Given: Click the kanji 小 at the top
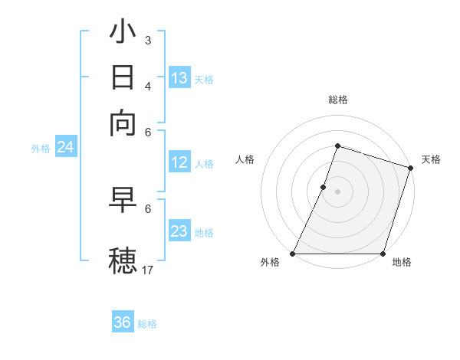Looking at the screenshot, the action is point(123,34).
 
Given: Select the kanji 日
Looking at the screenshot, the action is point(123,79).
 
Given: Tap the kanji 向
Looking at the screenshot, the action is point(123,123).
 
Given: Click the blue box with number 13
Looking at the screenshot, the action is point(179,78).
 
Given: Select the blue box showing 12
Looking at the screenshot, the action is point(179,162).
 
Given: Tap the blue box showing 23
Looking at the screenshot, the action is point(179,231).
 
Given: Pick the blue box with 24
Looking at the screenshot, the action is point(65,147).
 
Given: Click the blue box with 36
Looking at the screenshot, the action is point(123,322).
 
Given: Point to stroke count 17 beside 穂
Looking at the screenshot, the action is point(148,269).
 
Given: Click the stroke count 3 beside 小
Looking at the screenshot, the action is point(148,41).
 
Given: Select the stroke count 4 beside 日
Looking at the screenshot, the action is point(148,85).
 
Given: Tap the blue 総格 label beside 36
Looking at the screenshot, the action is point(147,324).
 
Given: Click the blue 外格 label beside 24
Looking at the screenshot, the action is point(41,149).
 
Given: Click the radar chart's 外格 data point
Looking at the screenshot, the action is point(293,254).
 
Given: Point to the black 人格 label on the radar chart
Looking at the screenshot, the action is point(245,159).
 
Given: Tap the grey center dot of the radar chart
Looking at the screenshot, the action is point(337,191).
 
